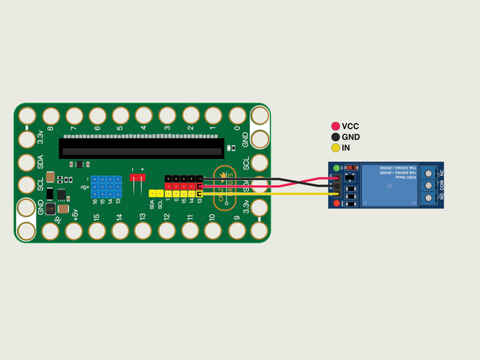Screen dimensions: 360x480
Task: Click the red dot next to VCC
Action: pyautogui.click(x=335, y=126)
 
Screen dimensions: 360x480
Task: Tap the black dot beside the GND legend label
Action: pyautogui.click(x=335, y=138)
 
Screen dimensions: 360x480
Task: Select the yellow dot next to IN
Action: pyautogui.click(x=335, y=149)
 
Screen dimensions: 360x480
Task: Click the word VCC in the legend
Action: pyautogui.click(x=350, y=126)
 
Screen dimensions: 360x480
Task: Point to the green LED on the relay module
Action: pyautogui.click(x=336, y=169)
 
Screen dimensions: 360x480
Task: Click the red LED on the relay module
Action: pyautogui.click(x=336, y=203)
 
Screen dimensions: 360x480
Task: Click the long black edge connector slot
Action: pyautogui.click(x=142, y=147)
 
